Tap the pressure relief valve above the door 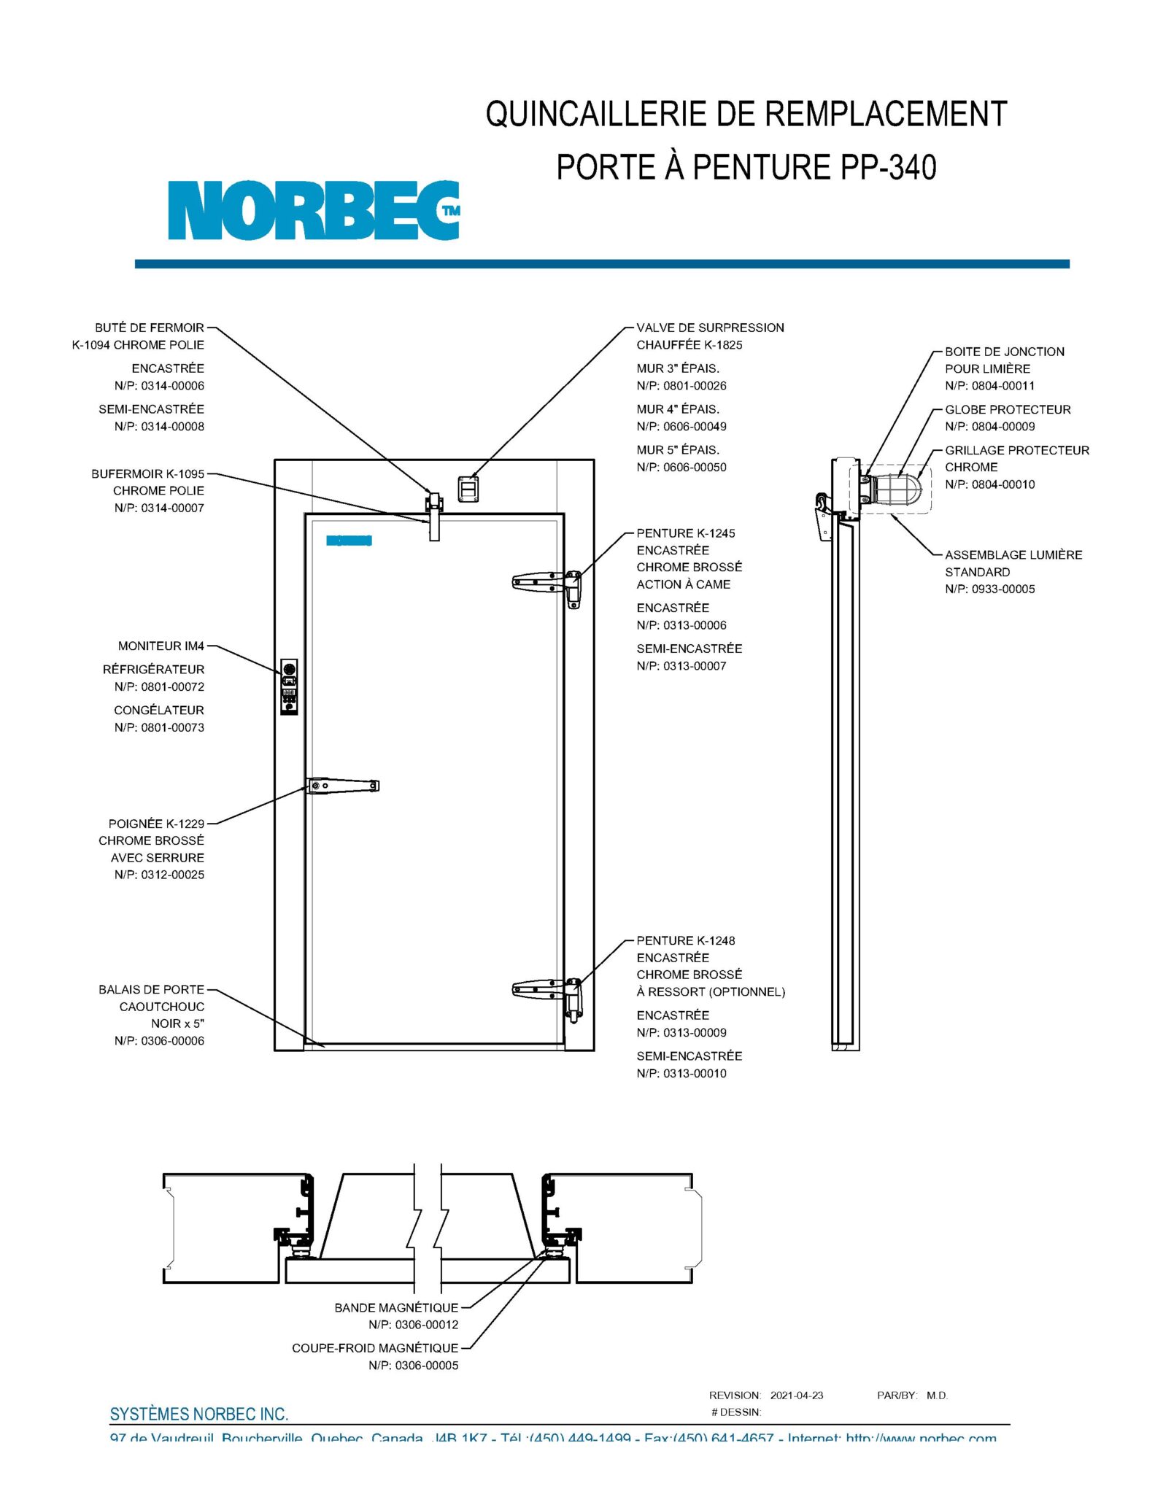point(468,488)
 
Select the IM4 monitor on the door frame point(289,686)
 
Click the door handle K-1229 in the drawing point(343,786)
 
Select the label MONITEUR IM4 point(161,646)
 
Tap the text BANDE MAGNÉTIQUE point(396,1307)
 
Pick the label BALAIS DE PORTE point(151,989)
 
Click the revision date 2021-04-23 point(796,1396)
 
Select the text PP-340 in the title point(888,167)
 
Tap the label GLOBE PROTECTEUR point(1007,409)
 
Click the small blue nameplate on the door point(349,541)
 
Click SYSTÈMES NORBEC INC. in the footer point(198,1414)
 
